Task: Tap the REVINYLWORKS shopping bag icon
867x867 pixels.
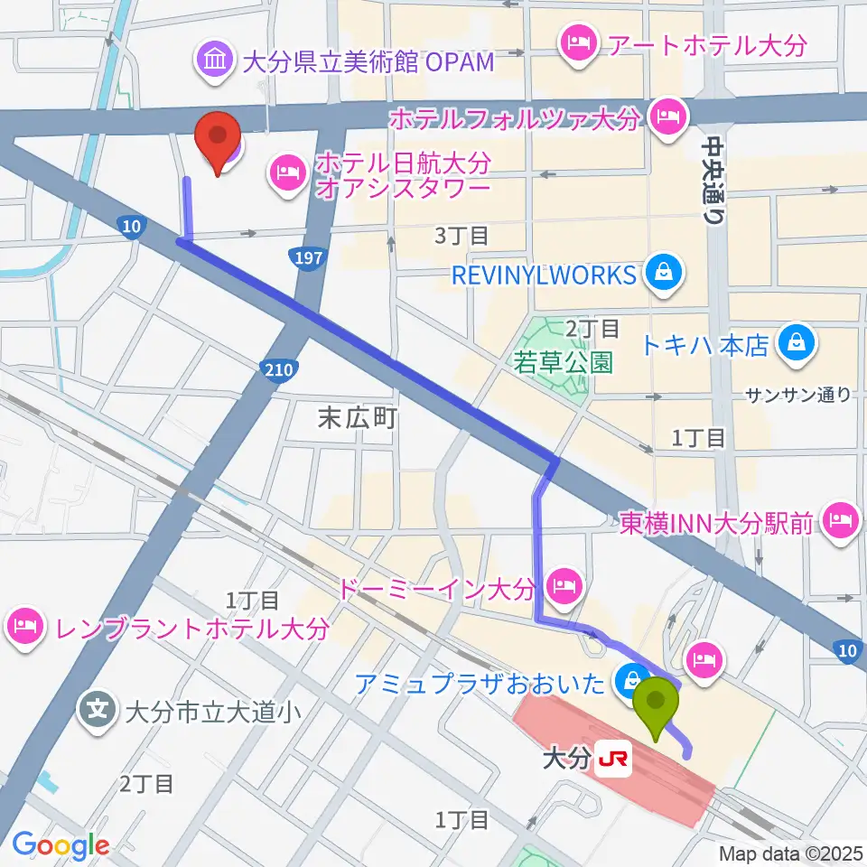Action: click(x=664, y=273)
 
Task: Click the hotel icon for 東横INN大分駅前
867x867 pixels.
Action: click(x=841, y=521)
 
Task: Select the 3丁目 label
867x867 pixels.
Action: click(x=461, y=237)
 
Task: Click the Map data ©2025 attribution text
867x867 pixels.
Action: click(x=790, y=853)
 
